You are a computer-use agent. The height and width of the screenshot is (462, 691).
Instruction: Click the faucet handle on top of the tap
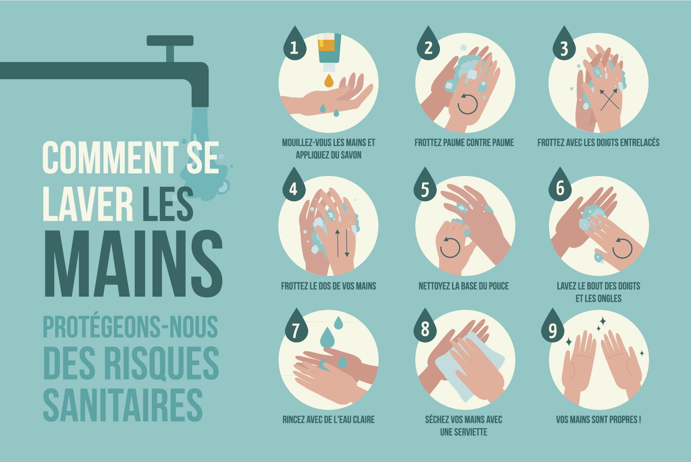point(170,40)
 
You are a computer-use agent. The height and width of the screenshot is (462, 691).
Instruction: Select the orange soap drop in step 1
point(329,81)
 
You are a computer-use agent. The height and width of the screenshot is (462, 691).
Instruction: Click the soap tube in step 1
point(329,52)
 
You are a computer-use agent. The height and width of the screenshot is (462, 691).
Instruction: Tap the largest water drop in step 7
point(327,338)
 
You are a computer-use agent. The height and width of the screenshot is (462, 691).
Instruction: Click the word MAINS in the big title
point(134,263)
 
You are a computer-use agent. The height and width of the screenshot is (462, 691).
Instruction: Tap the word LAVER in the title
point(88,204)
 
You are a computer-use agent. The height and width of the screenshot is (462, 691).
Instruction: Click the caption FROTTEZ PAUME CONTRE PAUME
point(464,143)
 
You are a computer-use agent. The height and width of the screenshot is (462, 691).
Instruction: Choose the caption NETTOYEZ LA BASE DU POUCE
point(464,286)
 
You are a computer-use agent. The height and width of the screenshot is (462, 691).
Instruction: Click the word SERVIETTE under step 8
point(464,432)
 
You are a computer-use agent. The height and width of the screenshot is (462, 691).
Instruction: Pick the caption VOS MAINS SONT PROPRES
point(599,420)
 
